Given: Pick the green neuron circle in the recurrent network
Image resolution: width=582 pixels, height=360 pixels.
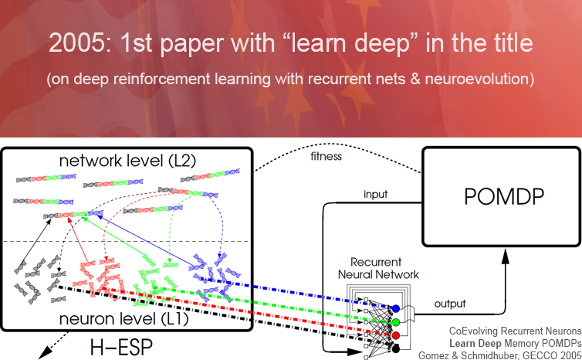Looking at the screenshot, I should (396, 322).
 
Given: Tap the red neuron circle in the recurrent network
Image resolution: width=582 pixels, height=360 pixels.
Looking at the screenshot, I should (396, 336).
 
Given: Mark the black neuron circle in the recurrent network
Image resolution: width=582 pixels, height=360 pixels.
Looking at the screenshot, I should (396, 349).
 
